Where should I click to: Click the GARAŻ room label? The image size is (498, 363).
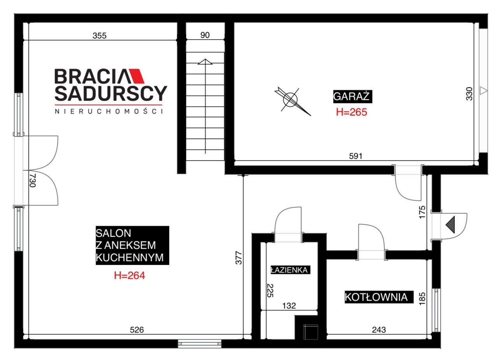click(352, 96)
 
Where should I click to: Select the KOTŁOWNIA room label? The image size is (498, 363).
click(379, 297)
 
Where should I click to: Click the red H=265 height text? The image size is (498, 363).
click(351, 112)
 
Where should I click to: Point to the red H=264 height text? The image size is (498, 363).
click(130, 275)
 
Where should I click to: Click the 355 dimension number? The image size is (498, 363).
click(100, 35)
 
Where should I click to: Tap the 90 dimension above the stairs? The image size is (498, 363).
click(205, 35)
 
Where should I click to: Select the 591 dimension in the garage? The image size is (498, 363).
click(356, 156)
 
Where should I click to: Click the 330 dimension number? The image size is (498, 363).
click(469, 94)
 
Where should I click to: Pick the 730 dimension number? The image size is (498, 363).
click(32, 180)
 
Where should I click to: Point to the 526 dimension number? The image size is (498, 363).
click(137, 330)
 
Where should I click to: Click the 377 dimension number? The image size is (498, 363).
click(238, 258)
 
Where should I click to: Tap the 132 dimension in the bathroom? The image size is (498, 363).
click(289, 306)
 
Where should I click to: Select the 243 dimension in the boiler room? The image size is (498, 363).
click(379, 330)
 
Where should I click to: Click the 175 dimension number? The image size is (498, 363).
click(422, 212)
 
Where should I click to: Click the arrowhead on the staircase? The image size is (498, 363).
click(205, 61)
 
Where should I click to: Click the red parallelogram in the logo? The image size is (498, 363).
click(137, 76)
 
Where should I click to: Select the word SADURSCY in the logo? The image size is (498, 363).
click(111, 93)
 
